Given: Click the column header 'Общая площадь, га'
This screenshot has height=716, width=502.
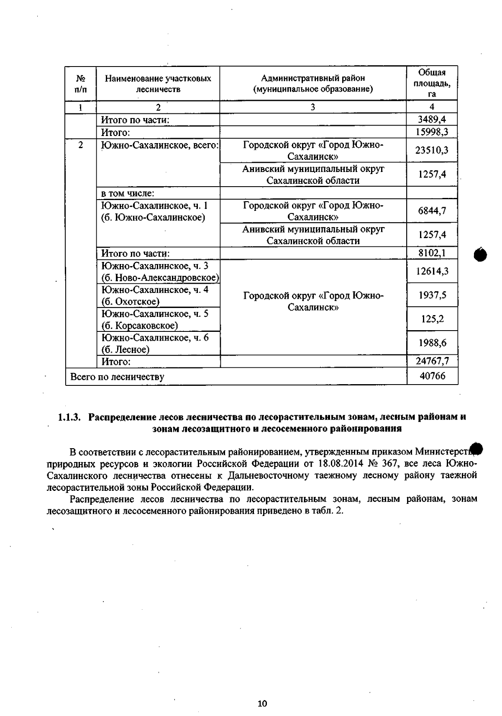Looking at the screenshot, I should [x=432, y=83].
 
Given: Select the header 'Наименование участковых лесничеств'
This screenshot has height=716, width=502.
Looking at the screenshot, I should [x=158, y=83].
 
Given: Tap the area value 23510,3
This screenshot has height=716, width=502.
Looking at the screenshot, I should [x=432, y=150].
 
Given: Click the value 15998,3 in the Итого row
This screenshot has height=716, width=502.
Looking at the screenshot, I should [x=432, y=132].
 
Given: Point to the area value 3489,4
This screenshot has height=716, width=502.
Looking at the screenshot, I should [x=432, y=120].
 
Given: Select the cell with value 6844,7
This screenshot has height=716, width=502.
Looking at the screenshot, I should [x=432, y=210].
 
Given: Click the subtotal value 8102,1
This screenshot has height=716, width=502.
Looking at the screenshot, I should [x=432, y=253].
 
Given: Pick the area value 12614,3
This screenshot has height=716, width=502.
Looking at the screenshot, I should [x=432, y=271].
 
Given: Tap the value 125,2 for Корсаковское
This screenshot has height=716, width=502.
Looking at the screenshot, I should [x=432, y=319].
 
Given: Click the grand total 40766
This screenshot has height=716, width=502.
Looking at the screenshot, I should [x=432, y=376].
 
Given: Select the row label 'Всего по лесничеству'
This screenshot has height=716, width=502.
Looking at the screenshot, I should [x=117, y=377].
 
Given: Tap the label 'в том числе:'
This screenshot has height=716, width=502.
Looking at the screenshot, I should [x=128, y=193].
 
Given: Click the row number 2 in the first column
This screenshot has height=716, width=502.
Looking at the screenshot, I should [x=80, y=145].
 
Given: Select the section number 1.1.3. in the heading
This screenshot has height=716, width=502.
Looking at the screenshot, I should [x=69, y=417].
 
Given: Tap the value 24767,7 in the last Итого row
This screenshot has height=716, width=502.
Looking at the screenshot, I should [x=432, y=361].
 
